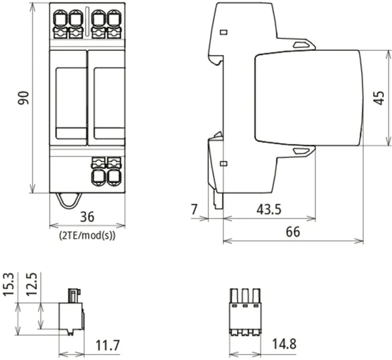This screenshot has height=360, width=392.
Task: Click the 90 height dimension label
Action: pos(23,98)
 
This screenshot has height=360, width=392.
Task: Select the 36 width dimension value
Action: pos(87,217)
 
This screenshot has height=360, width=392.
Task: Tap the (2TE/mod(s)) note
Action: pos(87,235)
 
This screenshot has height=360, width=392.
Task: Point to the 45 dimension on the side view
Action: pos(379,98)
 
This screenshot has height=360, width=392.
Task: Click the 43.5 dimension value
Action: pos(268,209)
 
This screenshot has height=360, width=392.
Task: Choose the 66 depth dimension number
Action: pos(293,232)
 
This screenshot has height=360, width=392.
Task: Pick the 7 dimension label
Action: pos(194,209)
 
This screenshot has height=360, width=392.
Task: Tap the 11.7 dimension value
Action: pos(108,345)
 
